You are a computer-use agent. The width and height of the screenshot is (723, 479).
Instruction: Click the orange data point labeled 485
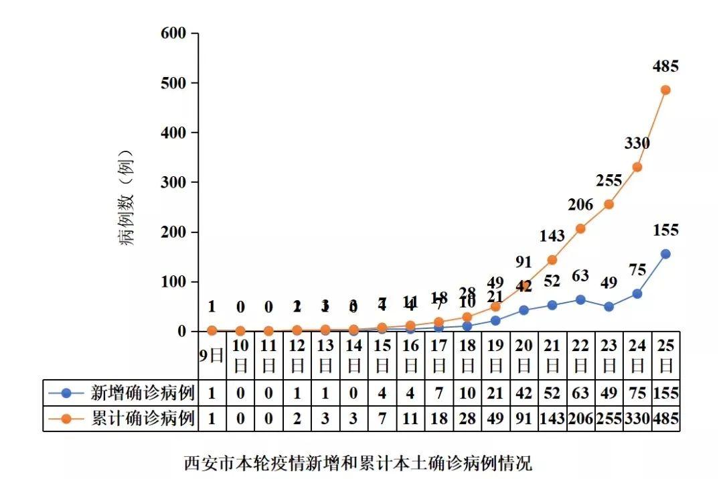coord(665,90)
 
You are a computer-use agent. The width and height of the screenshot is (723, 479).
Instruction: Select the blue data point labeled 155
coord(665,254)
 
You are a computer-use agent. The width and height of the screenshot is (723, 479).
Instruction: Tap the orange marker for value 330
coord(637,167)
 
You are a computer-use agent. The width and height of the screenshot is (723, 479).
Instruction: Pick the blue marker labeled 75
coord(637,293)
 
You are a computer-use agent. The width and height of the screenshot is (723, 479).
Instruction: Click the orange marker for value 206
coord(580,228)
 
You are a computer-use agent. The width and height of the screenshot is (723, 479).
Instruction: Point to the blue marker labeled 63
coord(580,299)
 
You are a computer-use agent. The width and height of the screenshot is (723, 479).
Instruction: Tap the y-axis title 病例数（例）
coord(127,198)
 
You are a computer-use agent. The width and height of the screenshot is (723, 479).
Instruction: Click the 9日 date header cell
coord(212,356)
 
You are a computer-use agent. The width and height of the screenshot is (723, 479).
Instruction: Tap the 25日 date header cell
coord(665,356)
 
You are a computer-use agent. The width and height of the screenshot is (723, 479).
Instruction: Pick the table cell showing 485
coord(665,419)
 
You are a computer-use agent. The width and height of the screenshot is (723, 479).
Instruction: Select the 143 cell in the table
coord(552,419)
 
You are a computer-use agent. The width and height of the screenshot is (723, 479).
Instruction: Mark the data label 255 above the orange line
coord(609,180)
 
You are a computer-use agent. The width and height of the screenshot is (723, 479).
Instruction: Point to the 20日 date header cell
coord(524,356)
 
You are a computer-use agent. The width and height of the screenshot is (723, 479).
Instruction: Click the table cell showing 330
coord(637,419)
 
